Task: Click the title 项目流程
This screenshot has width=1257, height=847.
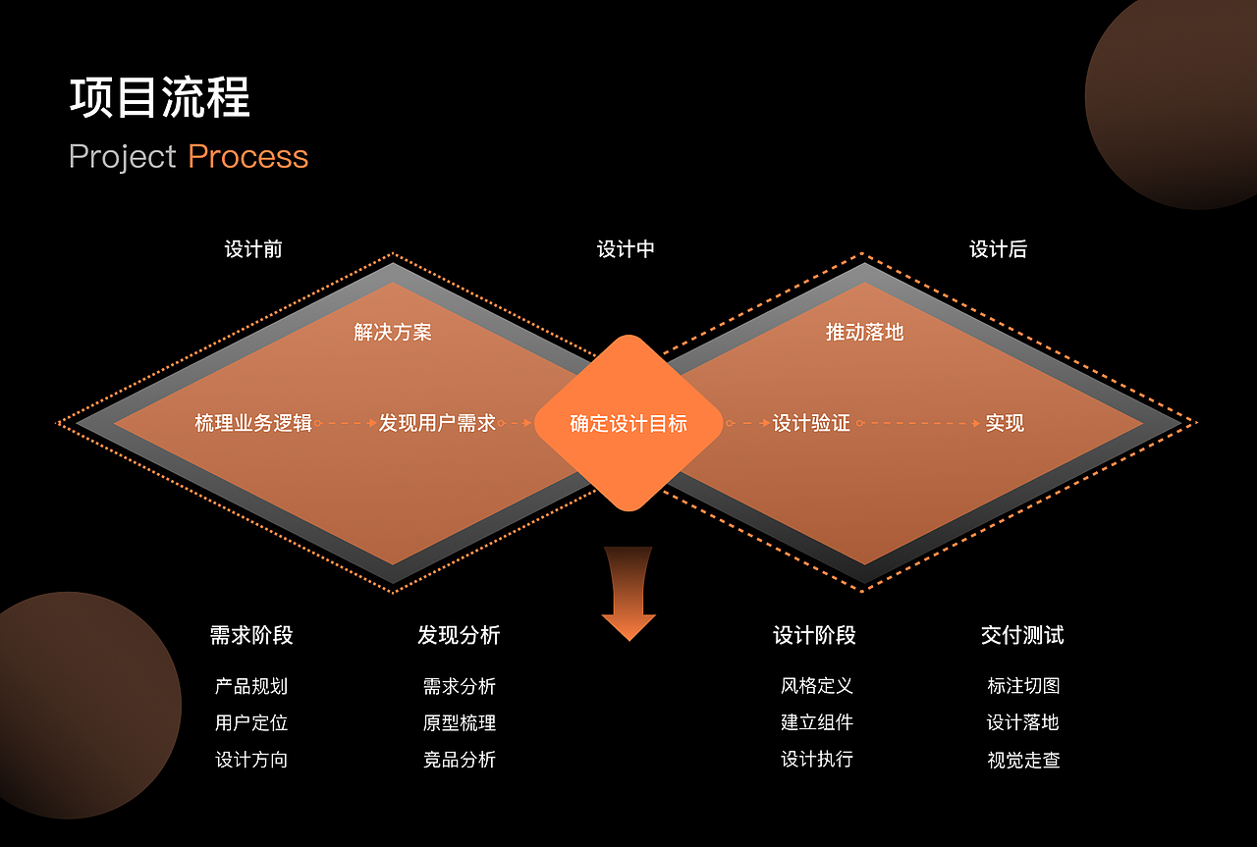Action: tap(160, 98)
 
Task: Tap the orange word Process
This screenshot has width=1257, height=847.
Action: tap(247, 157)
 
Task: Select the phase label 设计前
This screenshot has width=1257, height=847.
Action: tap(253, 249)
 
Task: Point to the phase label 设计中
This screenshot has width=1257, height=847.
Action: tap(626, 249)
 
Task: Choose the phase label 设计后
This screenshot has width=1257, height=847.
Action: tap(998, 249)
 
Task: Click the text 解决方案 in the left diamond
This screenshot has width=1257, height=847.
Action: tap(393, 332)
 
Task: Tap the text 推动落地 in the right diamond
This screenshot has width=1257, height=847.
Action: tap(864, 332)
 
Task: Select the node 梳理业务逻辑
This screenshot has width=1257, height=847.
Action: tap(253, 423)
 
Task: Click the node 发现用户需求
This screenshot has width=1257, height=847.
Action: tap(437, 423)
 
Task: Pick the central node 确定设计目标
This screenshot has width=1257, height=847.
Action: tap(628, 424)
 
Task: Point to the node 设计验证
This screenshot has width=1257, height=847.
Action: tap(811, 423)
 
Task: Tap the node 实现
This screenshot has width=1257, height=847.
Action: tap(1005, 423)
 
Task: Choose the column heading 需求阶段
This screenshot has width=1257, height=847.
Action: tap(251, 635)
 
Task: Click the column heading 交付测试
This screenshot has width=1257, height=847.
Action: tap(1022, 635)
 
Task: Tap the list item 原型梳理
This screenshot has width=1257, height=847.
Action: tap(460, 723)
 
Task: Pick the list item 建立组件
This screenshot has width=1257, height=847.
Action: tap(817, 722)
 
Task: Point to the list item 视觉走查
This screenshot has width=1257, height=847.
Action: tap(1023, 760)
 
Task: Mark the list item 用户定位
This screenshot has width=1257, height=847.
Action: tap(251, 723)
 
